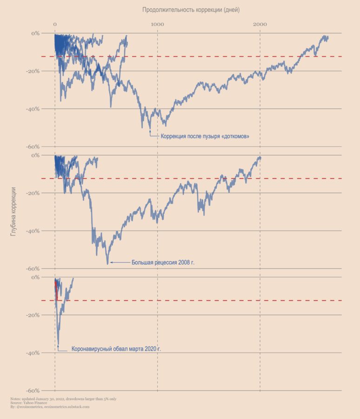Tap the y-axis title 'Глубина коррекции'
pos(13,211)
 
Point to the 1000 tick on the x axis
pos(157,24)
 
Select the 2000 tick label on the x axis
pos(260,24)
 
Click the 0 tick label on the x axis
pos(55,24)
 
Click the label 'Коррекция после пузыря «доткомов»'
pos(205,136)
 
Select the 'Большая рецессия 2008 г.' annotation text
pos(163,263)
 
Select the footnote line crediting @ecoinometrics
pos(49,407)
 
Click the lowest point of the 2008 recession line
pos(107,264)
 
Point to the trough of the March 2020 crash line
pos(58,344)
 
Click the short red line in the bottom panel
pos(56,289)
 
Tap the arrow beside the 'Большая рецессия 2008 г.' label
pos(120,263)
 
